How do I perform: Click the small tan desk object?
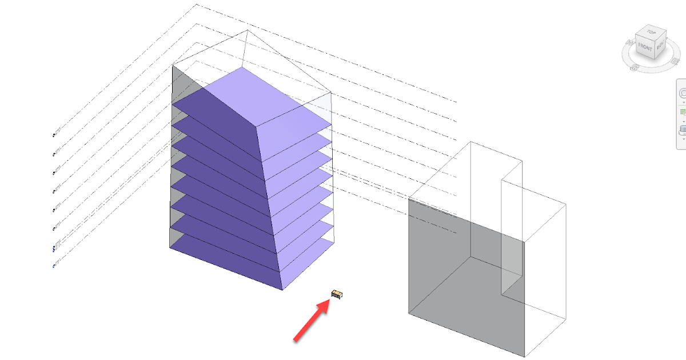click(337, 294)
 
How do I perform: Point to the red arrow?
click(312, 322)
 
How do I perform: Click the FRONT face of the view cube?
click(645, 48)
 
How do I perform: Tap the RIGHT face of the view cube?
click(660, 46)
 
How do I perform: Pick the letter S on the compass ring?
click(635, 67)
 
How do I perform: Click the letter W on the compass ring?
click(628, 43)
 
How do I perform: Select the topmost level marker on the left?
click(55, 135)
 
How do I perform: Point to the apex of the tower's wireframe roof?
click(247, 31)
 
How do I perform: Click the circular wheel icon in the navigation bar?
click(683, 93)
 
